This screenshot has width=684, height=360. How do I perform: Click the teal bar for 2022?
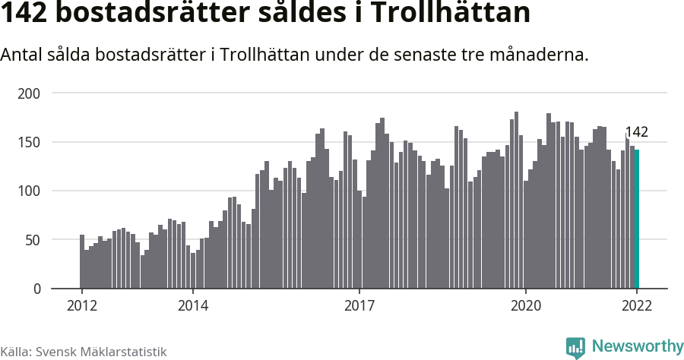637,219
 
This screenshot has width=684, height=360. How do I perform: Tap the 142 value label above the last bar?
636,133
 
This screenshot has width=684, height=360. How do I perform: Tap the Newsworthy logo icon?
575,347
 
